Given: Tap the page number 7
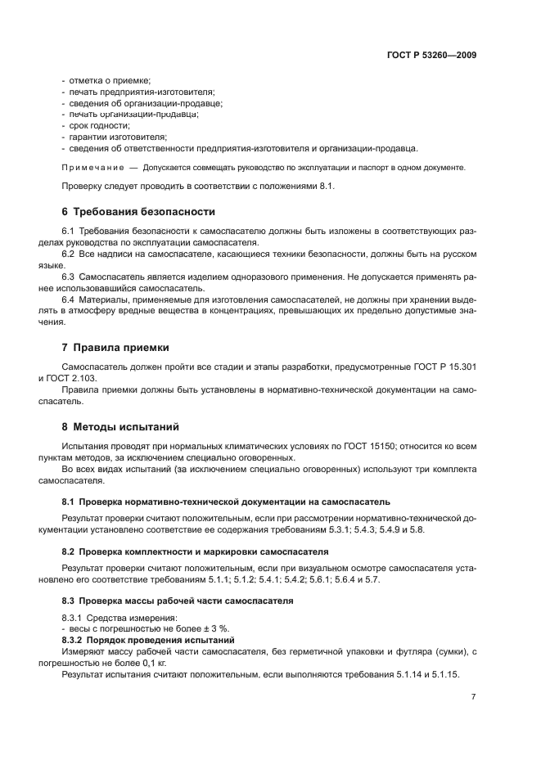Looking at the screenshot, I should pos(474,697).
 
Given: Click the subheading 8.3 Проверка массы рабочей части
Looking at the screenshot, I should pos(178,601).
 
